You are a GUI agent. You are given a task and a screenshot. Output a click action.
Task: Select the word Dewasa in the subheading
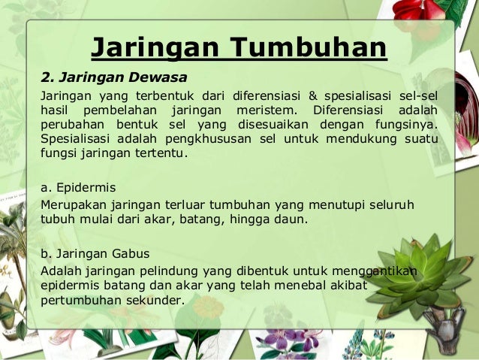click(161, 77)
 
